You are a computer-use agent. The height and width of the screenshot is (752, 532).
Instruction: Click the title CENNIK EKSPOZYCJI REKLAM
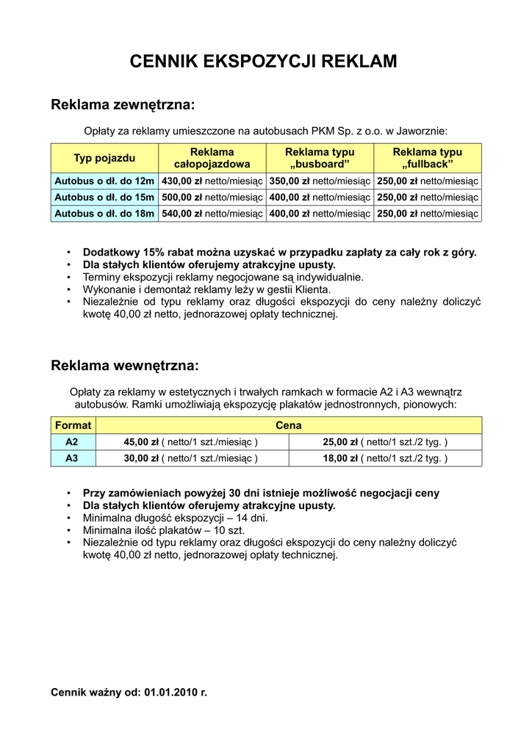[264, 61]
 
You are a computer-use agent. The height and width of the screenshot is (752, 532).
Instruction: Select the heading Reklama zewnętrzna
[122, 105]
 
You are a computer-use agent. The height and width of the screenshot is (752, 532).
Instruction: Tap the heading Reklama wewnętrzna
[124, 365]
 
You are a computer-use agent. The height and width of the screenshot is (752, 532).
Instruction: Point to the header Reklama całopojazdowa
[212, 158]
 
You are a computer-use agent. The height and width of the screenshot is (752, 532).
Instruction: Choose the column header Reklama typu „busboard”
[320, 158]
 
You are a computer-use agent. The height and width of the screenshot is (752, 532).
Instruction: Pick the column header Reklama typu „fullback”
[428, 158]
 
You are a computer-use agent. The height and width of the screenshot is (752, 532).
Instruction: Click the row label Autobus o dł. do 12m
[104, 181]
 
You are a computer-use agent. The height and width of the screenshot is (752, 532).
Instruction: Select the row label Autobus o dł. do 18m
[104, 213]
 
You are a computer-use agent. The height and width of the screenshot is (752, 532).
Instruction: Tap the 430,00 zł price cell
[212, 181]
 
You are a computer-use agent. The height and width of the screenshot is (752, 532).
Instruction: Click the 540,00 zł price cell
[212, 213]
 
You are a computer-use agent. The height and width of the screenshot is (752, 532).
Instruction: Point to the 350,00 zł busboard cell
[320, 181]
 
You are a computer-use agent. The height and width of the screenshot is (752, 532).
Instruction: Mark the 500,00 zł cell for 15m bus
[212, 197]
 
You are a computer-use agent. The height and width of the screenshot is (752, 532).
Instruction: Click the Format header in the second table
[73, 425]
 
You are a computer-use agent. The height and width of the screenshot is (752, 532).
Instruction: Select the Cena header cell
[289, 425]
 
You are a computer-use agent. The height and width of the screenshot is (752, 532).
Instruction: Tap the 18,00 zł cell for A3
[386, 458]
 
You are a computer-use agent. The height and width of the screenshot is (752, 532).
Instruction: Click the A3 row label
[72, 458]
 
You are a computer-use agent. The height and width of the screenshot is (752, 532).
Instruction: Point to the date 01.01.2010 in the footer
[172, 692]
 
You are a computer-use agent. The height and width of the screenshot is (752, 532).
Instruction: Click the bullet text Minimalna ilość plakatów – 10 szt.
[164, 529]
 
